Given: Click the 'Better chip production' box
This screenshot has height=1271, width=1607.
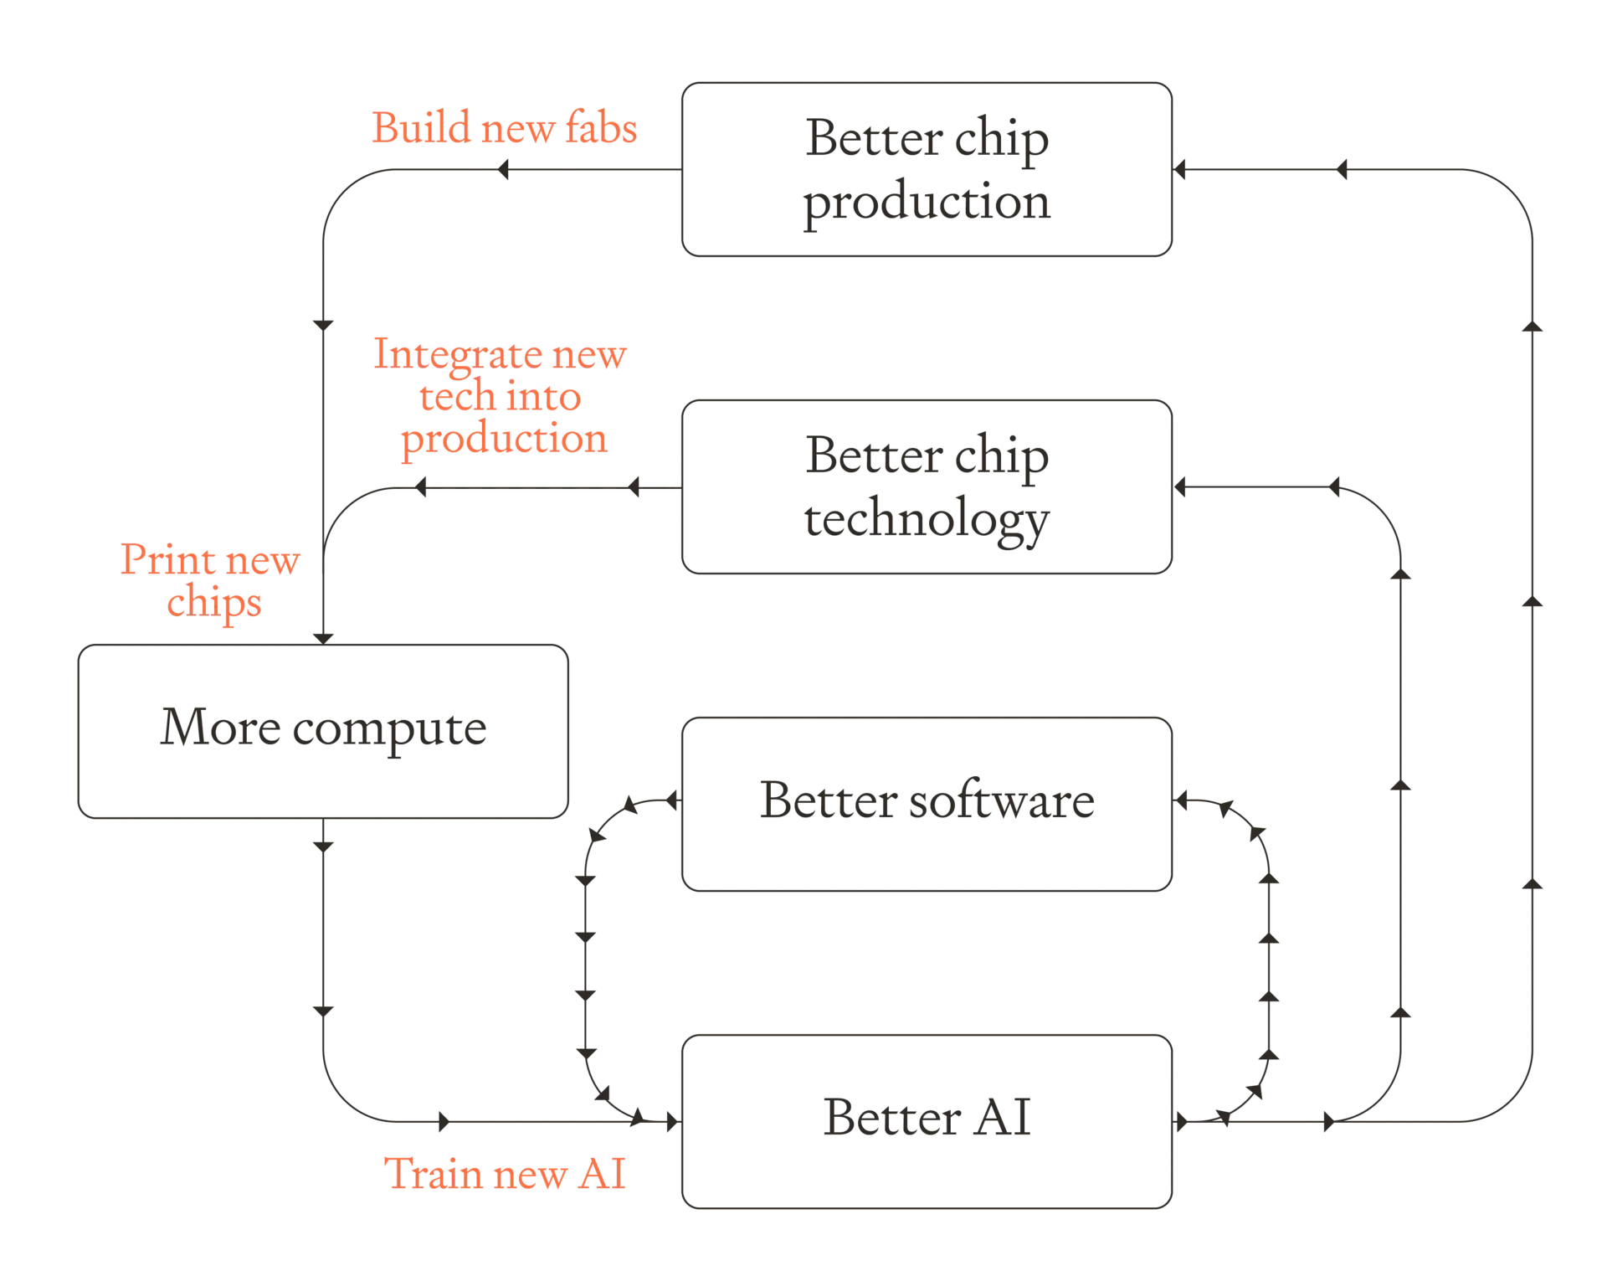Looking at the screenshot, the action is coord(927,169).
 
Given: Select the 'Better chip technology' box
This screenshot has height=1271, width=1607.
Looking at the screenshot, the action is coord(927,486).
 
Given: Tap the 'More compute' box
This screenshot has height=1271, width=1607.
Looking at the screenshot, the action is coord(323,731).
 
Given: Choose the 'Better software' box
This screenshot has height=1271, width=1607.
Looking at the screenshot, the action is coord(927,804).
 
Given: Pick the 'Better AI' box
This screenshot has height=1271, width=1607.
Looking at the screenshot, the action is coord(927,1121).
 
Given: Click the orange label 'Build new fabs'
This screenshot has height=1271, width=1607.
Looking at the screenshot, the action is coord(505,127).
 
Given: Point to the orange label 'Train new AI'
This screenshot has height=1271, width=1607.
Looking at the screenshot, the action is coord(505,1173).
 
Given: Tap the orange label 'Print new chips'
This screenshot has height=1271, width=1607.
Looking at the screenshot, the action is coord(211,581).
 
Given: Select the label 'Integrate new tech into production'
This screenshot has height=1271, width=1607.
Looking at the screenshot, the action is coord(501,396).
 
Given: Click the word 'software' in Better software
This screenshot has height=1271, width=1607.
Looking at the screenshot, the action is coord(1002,800).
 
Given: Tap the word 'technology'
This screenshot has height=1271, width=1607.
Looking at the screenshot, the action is coord(927,519).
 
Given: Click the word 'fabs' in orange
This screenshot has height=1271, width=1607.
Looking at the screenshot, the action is coord(601,127).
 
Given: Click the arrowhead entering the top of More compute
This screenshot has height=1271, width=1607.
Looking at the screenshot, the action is coord(323,639).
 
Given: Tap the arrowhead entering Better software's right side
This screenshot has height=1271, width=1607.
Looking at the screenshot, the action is coord(1180,801).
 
